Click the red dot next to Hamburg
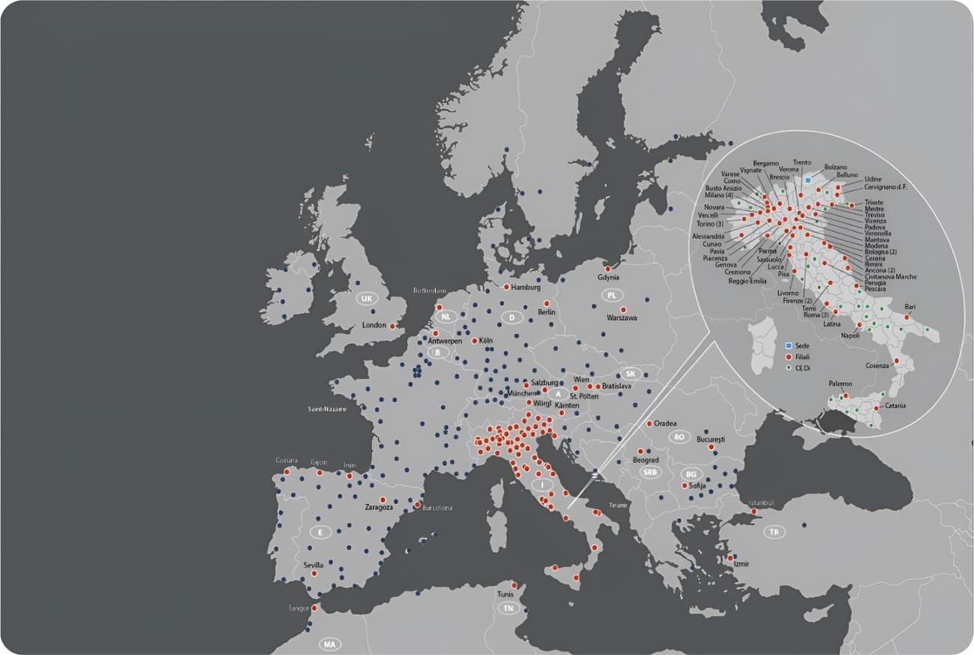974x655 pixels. (x=507, y=287)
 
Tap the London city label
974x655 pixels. (x=374, y=326)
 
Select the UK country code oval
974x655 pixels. (x=366, y=299)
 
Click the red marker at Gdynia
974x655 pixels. (x=608, y=268)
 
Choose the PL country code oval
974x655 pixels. (x=612, y=295)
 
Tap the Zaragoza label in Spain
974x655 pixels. (x=379, y=508)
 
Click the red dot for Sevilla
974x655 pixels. (x=314, y=573)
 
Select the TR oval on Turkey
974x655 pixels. (x=774, y=532)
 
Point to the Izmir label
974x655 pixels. (x=741, y=564)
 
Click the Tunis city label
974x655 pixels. (x=505, y=594)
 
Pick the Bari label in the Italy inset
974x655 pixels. (x=910, y=307)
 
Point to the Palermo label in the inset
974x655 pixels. (x=840, y=384)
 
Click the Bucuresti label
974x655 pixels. (x=712, y=439)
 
